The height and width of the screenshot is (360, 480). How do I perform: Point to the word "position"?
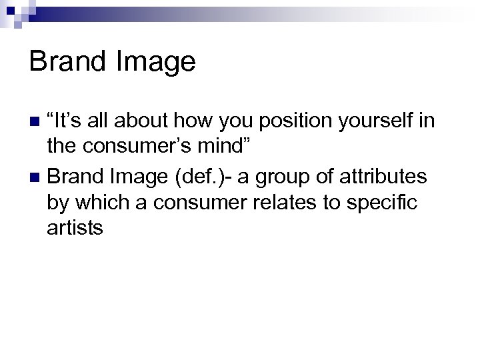254,123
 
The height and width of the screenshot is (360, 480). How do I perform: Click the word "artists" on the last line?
75,228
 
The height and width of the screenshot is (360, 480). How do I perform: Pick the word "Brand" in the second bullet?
73,178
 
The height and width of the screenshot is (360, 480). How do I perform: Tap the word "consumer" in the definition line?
205,206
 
